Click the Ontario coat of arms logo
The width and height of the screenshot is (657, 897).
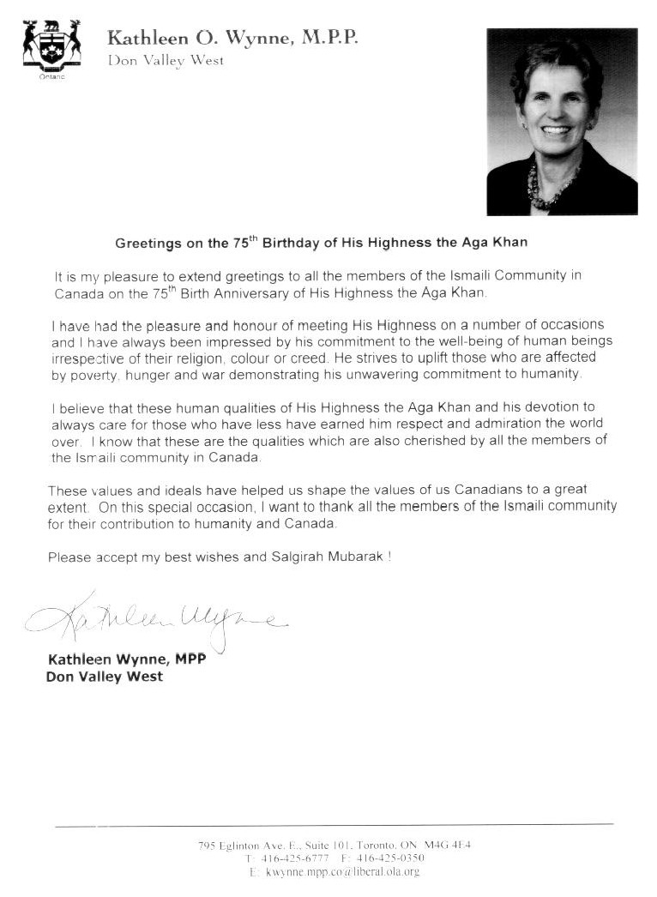coord(51,49)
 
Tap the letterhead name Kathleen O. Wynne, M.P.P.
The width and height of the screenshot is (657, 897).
coord(232,39)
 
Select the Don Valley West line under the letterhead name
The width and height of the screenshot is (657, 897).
coord(165,60)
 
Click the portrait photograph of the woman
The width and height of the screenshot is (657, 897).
coord(562,122)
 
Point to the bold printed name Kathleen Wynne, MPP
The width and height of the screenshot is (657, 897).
coord(126,659)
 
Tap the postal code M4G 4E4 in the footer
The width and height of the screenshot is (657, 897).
coord(447,846)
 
